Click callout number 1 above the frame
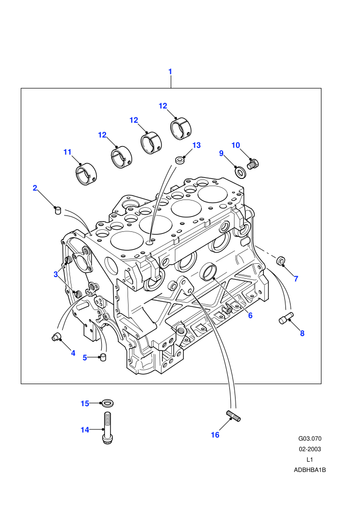(170, 72)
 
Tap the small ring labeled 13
(180, 160)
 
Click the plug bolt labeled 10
(253, 163)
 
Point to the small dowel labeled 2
(58, 210)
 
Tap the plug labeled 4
(56, 337)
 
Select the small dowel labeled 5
(103, 357)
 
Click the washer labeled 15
(107, 404)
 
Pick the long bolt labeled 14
(107, 428)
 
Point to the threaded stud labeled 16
(233, 416)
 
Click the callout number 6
(250, 315)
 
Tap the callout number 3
(56, 275)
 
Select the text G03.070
(310, 439)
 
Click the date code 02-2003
(310, 449)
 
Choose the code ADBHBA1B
(310, 470)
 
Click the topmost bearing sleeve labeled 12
(182, 128)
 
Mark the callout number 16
(215, 434)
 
